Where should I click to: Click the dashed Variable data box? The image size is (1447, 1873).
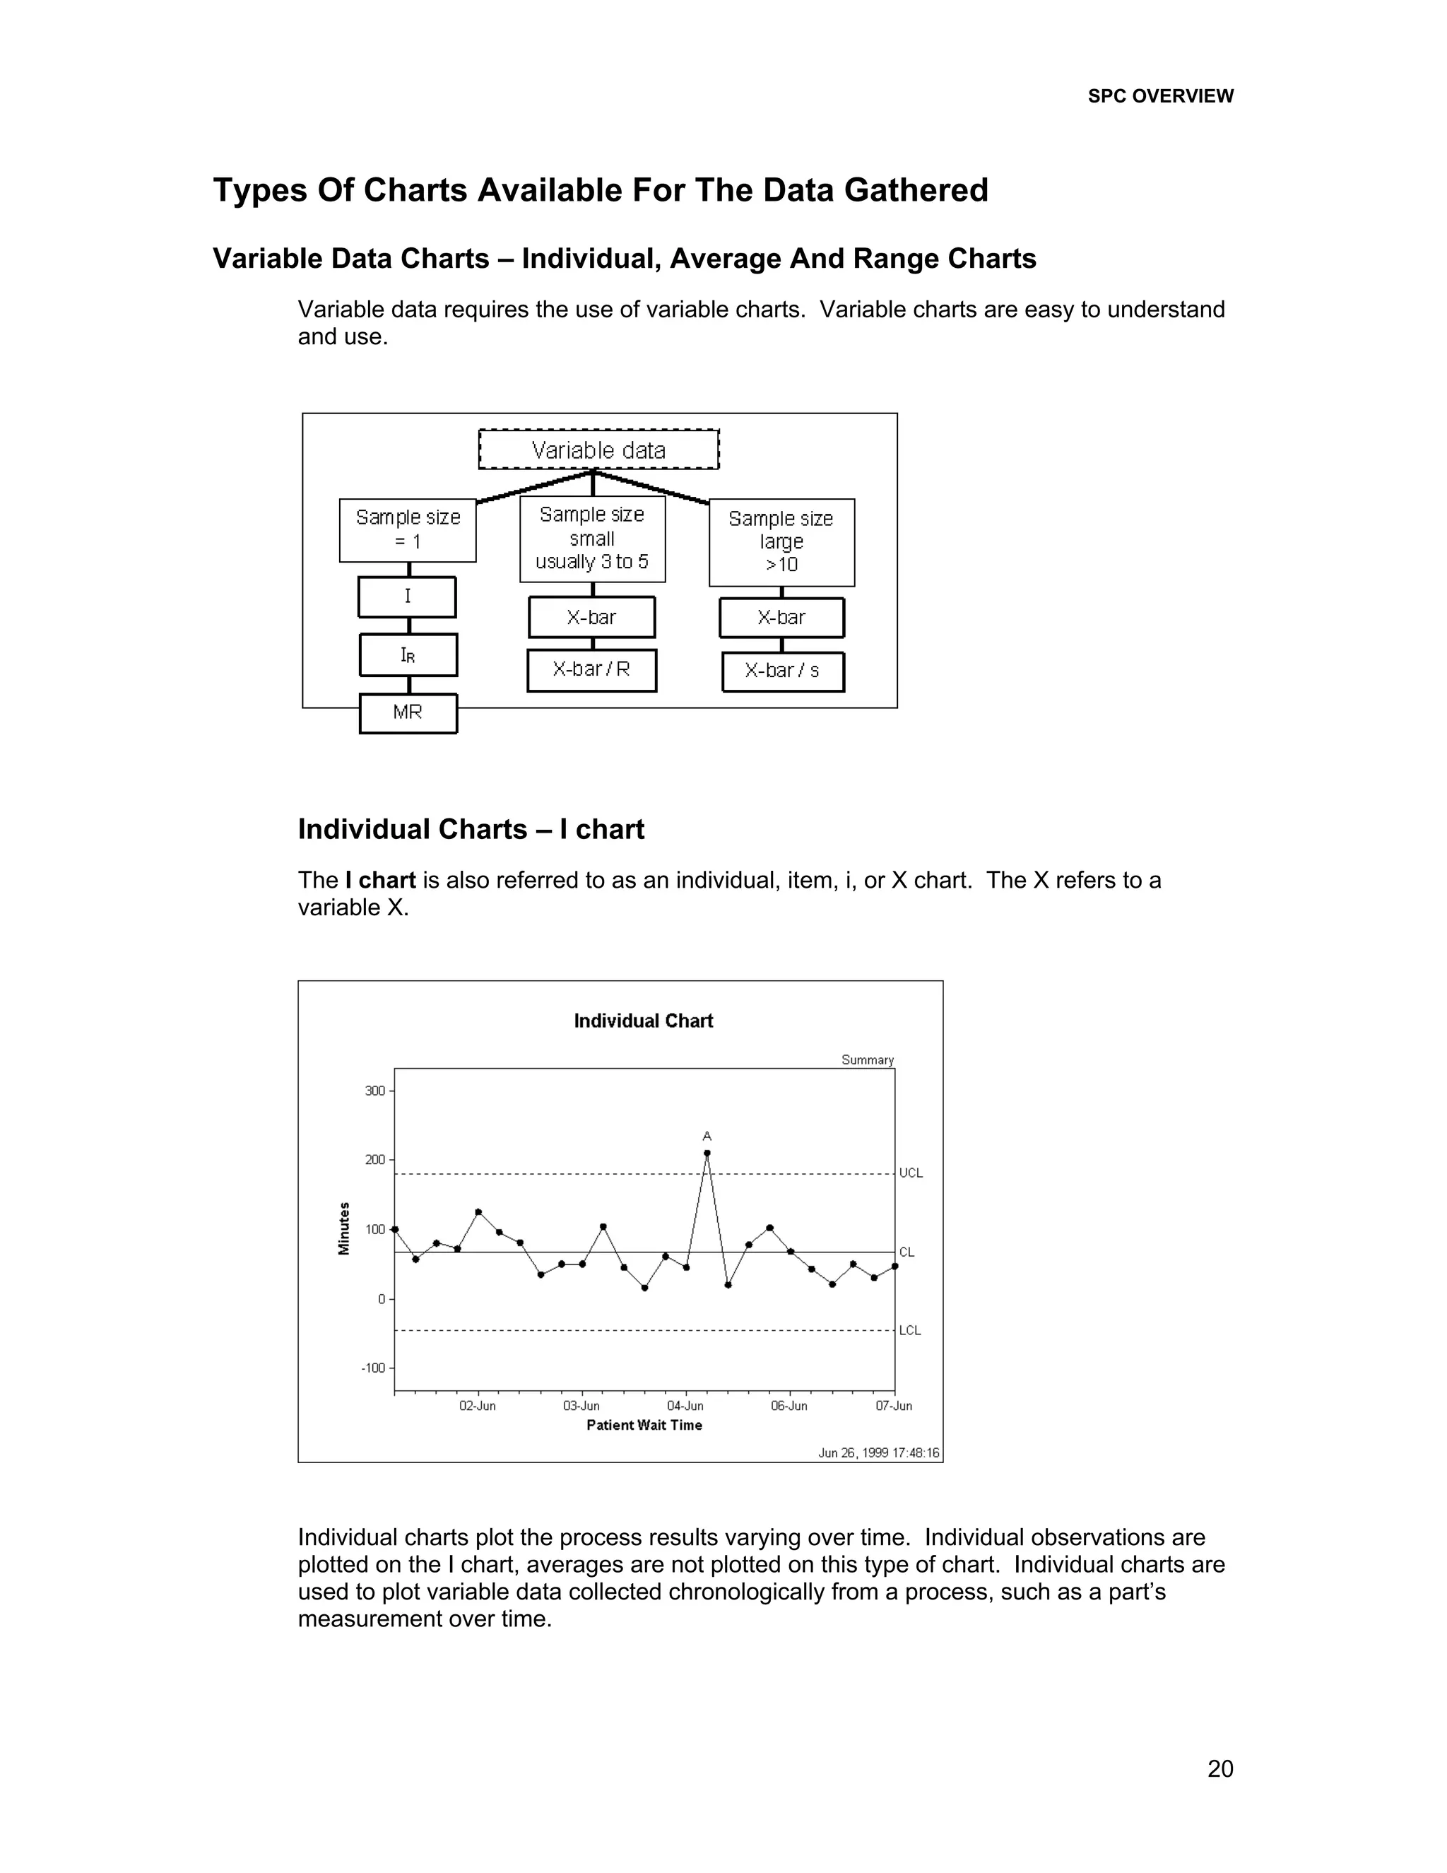tap(598, 450)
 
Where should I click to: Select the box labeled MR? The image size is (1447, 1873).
tap(408, 712)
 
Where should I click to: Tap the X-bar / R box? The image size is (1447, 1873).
tap(591, 670)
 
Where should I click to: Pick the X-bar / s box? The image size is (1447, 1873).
tap(783, 671)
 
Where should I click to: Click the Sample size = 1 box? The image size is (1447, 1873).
tap(408, 529)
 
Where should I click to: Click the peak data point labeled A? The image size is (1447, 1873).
tap(707, 1153)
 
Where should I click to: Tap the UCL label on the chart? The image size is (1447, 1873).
tap(910, 1173)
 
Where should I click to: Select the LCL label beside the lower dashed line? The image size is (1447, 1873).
tap(909, 1330)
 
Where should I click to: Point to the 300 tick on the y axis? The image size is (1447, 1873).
tap(374, 1091)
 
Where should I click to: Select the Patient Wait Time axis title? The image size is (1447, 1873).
tap(644, 1426)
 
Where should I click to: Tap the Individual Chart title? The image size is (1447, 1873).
tap(643, 1021)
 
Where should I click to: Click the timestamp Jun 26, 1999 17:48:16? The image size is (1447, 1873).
tap(879, 1452)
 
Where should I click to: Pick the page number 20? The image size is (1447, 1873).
tap(1219, 1768)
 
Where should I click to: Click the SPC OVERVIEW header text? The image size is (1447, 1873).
tap(1160, 96)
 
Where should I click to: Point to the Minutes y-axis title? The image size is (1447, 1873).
tap(345, 1228)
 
